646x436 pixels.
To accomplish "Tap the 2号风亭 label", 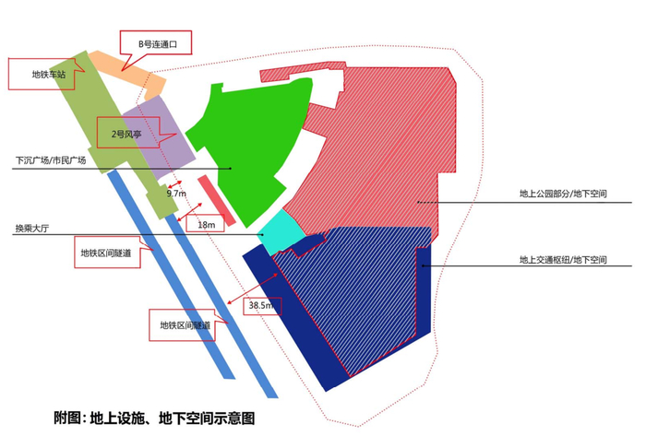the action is click(x=126, y=135).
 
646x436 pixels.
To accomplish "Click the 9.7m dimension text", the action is click(x=175, y=194).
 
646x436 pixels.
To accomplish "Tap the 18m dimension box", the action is click(x=206, y=225).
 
